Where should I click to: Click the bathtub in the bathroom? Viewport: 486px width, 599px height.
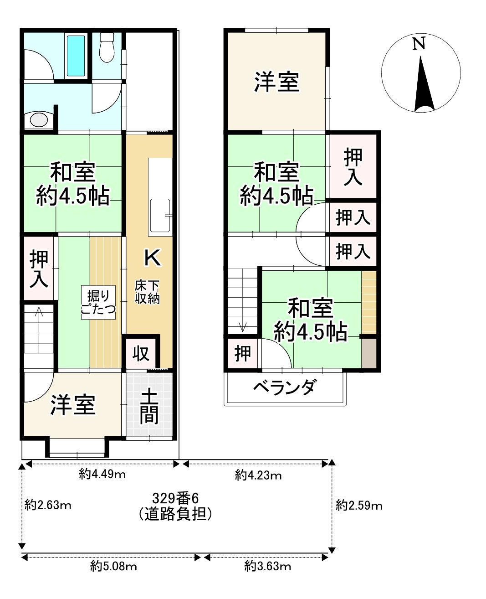tap(76, 56)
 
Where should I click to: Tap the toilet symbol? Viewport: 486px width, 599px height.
tap(107, 47)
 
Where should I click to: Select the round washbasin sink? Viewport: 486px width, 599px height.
tap(39, 120)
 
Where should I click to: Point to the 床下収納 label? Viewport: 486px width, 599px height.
tap(147, 293)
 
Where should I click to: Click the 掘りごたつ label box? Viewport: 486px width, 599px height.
tap(98, 302)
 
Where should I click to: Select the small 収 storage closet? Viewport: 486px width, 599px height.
tap(141, 353)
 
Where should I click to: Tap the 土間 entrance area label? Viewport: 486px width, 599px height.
tap(149, 406)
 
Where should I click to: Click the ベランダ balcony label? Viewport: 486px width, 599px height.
tap(284, 388)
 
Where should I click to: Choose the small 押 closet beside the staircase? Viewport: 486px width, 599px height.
tap(243, 353)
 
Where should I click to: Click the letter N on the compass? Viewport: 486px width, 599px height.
tap(419, 44)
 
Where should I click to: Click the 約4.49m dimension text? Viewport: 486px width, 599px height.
tap(102, 475)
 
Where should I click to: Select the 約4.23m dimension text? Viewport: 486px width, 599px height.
tap(258, 476)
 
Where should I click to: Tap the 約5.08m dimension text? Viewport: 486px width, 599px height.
tap(113, 567)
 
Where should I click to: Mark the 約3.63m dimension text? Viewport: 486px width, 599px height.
tap(267, 567)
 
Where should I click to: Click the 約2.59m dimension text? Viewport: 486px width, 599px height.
tap(359, 506)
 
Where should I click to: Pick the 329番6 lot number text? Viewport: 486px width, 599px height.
tap(176, 497)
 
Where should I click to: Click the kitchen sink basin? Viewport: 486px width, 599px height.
tap(159, 216)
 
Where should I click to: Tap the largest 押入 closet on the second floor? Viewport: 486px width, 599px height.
tap(353, 167)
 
